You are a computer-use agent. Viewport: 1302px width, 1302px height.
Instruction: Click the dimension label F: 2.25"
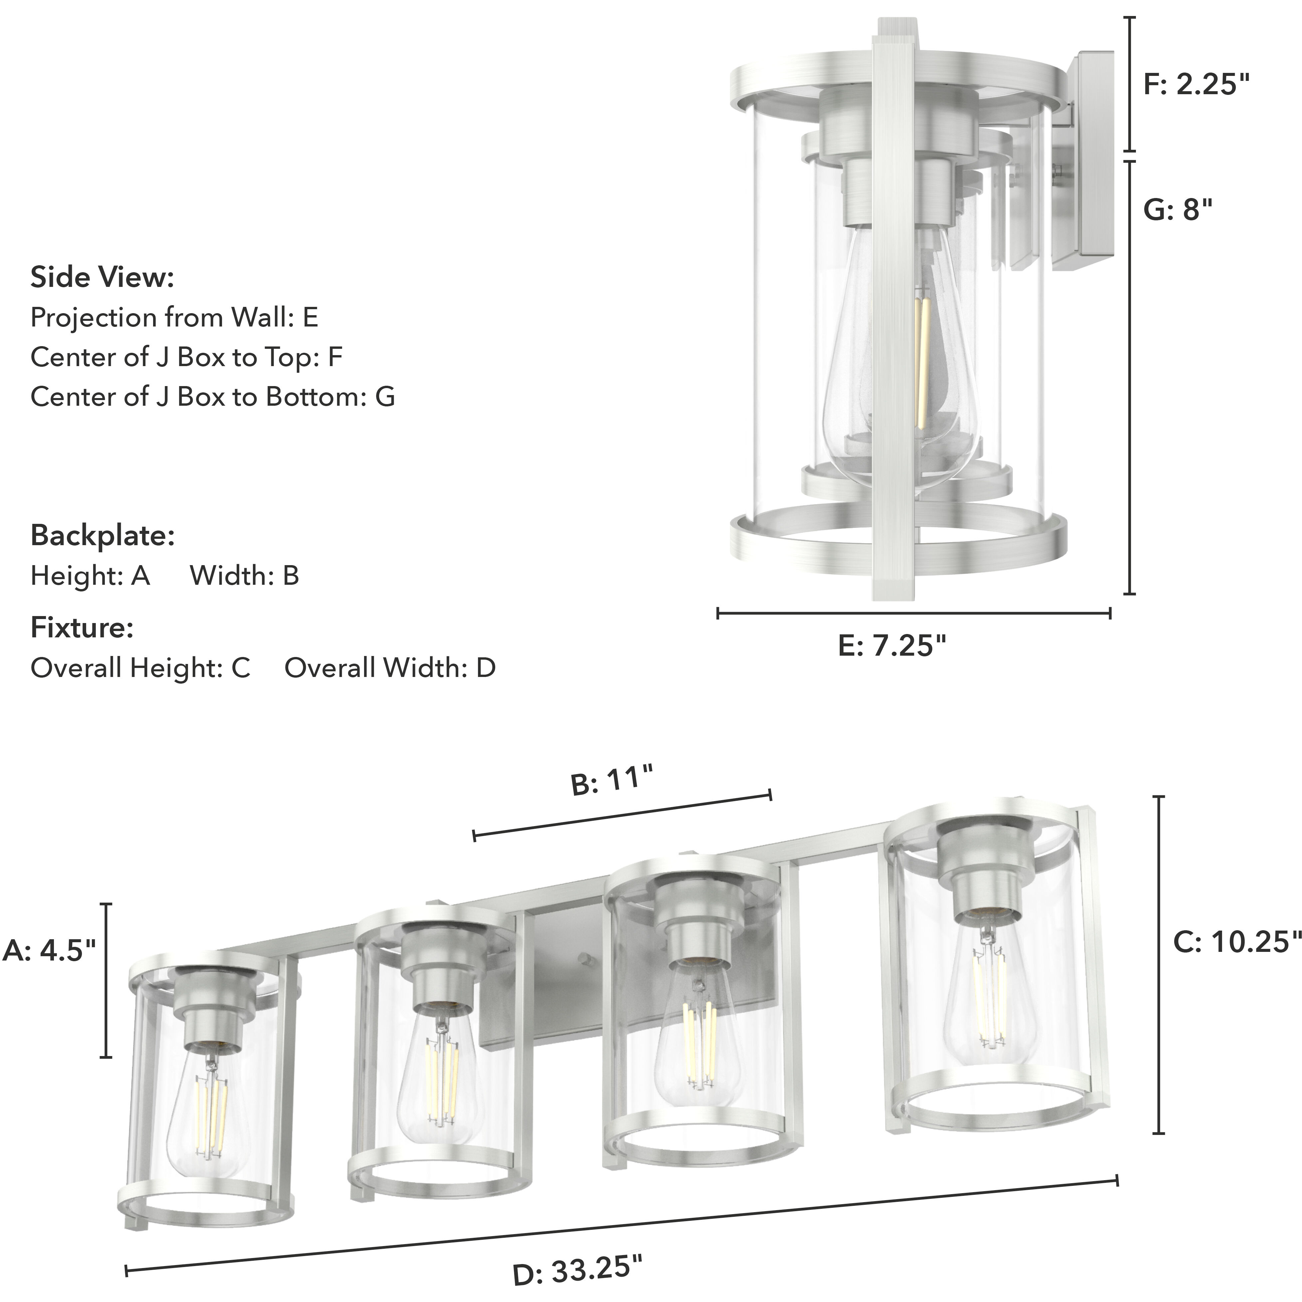[x=1196, y=85]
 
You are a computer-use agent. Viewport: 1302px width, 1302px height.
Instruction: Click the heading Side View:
[x=103, y=278]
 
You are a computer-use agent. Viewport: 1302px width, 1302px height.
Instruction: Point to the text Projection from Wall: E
[x=174, y=318]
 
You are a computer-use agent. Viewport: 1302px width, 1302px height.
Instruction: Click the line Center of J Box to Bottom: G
[x=212, y=397]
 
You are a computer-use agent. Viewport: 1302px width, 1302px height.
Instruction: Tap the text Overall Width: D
[x=389, y=668]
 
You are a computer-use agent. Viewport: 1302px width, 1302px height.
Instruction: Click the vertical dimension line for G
[x=1130, y=377]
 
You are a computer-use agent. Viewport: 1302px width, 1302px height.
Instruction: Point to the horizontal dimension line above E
[x=913, y=613]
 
